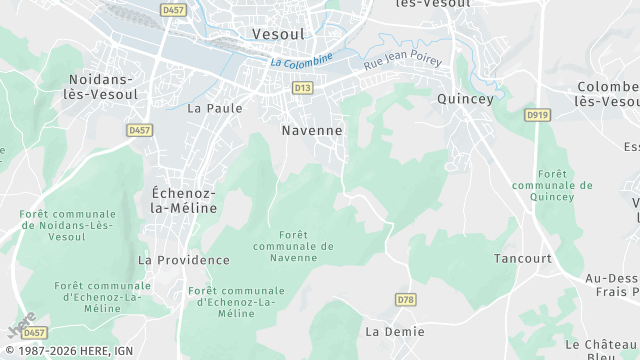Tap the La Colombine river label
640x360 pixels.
click(301, 61)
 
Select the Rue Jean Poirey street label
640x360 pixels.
click(402, 60)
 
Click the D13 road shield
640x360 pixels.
click(302, 88)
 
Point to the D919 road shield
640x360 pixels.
click(537, 115)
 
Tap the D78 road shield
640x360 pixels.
click(405, 299)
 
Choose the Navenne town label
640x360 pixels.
click(312, 130)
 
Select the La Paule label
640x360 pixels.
click(208, 108)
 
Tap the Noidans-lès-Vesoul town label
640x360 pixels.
click(104, 86)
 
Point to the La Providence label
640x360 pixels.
click(183, 260)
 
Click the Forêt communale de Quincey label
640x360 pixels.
click(552, 185)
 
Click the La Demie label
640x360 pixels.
click(394, 331)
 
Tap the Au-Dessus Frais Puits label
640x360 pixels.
click(611, 285)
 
